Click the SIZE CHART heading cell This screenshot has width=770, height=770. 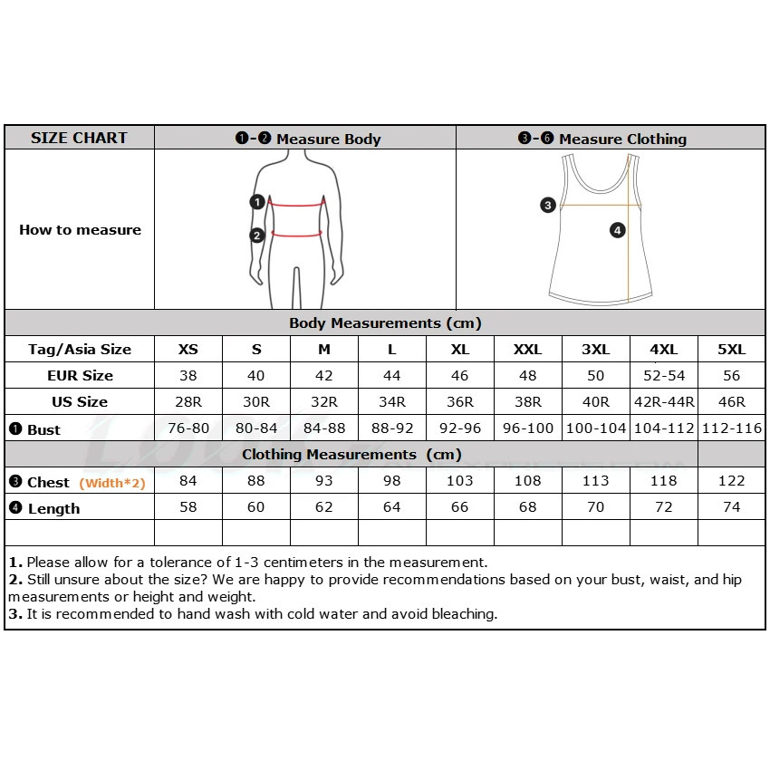79,138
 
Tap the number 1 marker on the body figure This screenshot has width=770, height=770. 257,202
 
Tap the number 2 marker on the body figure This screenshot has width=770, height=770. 257,236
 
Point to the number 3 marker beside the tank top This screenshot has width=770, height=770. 547,205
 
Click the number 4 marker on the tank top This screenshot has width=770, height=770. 617,230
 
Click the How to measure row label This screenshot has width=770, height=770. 80,230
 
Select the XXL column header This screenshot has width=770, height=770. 527,350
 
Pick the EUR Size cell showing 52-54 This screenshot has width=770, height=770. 663,375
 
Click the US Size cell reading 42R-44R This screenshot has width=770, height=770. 663,402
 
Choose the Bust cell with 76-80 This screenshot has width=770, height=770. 188,428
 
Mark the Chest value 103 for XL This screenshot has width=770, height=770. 459,481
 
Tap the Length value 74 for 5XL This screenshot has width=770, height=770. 731,507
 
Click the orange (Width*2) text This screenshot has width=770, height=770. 112,483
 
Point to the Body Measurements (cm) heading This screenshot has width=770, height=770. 385,323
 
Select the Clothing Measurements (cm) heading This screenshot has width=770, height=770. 351,455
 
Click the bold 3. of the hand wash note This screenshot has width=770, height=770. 15,613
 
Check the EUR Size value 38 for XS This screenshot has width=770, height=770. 188,375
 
